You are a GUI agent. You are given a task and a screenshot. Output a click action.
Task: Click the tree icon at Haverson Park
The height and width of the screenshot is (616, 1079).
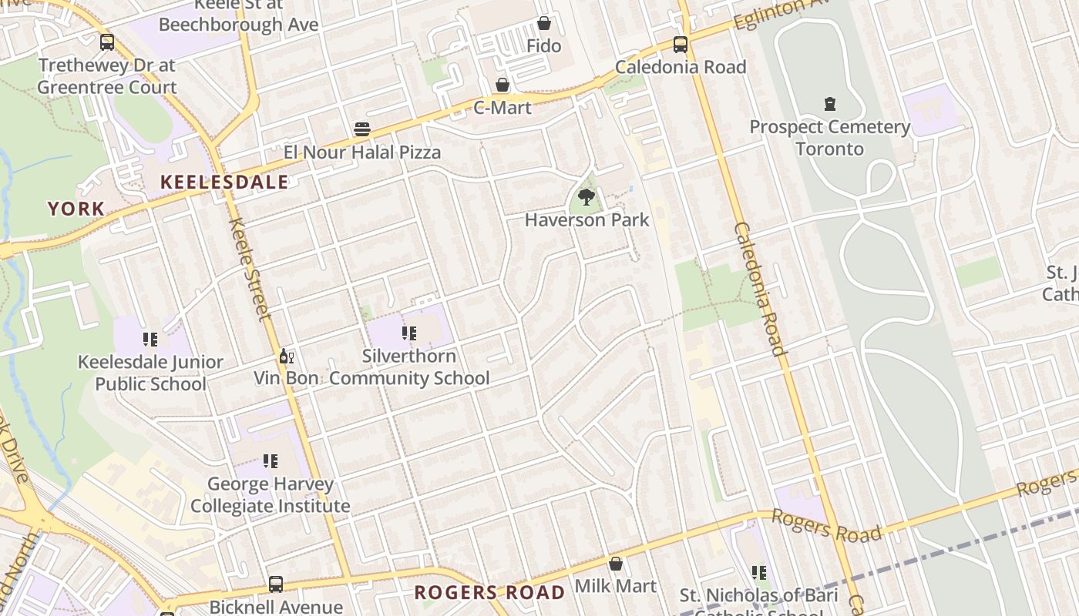[587, 197]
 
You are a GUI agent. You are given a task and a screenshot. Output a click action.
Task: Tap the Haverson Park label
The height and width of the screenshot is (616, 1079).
[587, 220]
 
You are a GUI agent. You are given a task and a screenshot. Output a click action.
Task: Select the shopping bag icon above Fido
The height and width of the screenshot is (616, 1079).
[544, 24]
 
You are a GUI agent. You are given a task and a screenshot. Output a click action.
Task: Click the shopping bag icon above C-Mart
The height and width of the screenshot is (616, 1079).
[503, 85]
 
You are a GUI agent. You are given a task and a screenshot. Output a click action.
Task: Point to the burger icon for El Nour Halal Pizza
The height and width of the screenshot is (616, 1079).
[362, 129]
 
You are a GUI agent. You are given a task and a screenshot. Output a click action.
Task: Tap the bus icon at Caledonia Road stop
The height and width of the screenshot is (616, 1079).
[681, 45]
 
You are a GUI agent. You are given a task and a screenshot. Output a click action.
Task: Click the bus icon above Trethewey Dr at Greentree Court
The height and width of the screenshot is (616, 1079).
[107, 43]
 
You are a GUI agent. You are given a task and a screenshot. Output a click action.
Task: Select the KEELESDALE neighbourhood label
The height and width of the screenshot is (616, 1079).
[224, 182]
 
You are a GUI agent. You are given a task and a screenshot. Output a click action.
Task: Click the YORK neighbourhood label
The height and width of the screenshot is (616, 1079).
[76, 209]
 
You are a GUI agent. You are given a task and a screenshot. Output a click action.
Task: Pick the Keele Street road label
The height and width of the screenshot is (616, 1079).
[250, 268]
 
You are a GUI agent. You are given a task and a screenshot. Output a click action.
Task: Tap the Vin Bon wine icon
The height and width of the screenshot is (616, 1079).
[286, 357]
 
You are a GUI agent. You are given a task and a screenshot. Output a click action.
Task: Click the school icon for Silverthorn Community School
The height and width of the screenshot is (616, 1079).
[409, 333]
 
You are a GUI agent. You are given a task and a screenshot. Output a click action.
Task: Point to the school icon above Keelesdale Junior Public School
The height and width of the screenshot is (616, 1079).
[150, 340]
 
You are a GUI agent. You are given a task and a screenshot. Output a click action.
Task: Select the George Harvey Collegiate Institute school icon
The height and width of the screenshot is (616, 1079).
[270, 461]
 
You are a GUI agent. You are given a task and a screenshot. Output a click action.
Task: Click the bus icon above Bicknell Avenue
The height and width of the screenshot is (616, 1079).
[276, 584]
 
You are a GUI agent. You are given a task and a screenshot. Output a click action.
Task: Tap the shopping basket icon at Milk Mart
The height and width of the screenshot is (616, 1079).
[615, 564]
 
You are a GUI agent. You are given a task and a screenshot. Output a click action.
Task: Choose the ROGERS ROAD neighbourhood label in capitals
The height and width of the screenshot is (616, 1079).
[489, 593]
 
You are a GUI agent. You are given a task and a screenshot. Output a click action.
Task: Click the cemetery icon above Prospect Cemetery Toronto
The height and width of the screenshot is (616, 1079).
[830, 103]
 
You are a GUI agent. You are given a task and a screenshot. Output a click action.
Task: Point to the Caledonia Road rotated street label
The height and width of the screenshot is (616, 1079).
[759, 289]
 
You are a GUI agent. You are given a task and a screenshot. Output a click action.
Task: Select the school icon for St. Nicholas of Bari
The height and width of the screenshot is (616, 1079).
[759, 573]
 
